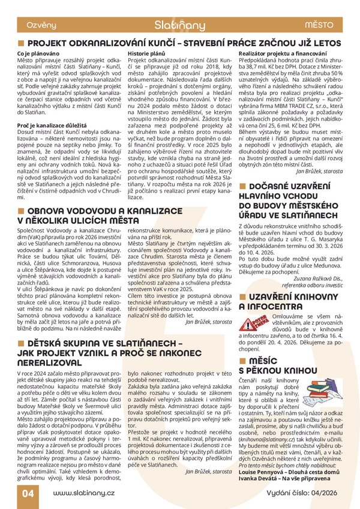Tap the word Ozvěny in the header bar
click(x=41, y=25)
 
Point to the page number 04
click(x=28, y=493)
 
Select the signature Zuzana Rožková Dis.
click(x=316, y=279)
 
